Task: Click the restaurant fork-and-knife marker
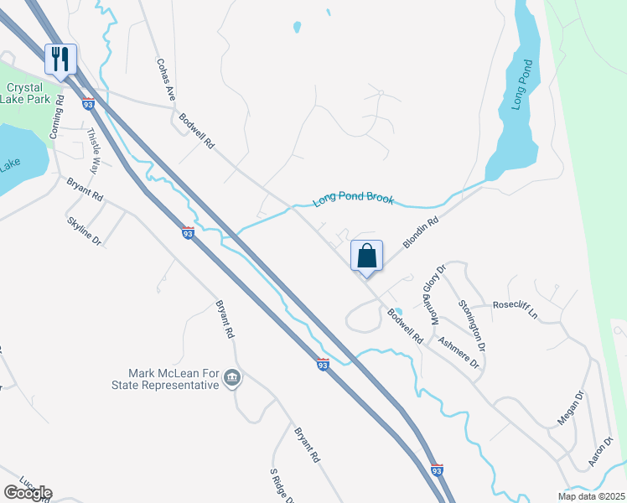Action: [60, 59]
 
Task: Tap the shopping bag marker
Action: [367, 256]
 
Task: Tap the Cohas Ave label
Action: [165, 80]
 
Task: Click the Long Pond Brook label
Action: [353, 200]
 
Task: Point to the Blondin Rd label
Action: [421, 233]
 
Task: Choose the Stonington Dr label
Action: [472, 324]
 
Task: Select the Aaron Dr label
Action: [602, 451]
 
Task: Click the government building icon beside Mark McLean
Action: [233, 380]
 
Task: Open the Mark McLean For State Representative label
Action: [174, 379]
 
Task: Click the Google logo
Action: [27, 493]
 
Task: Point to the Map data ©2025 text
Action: [590, 496]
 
